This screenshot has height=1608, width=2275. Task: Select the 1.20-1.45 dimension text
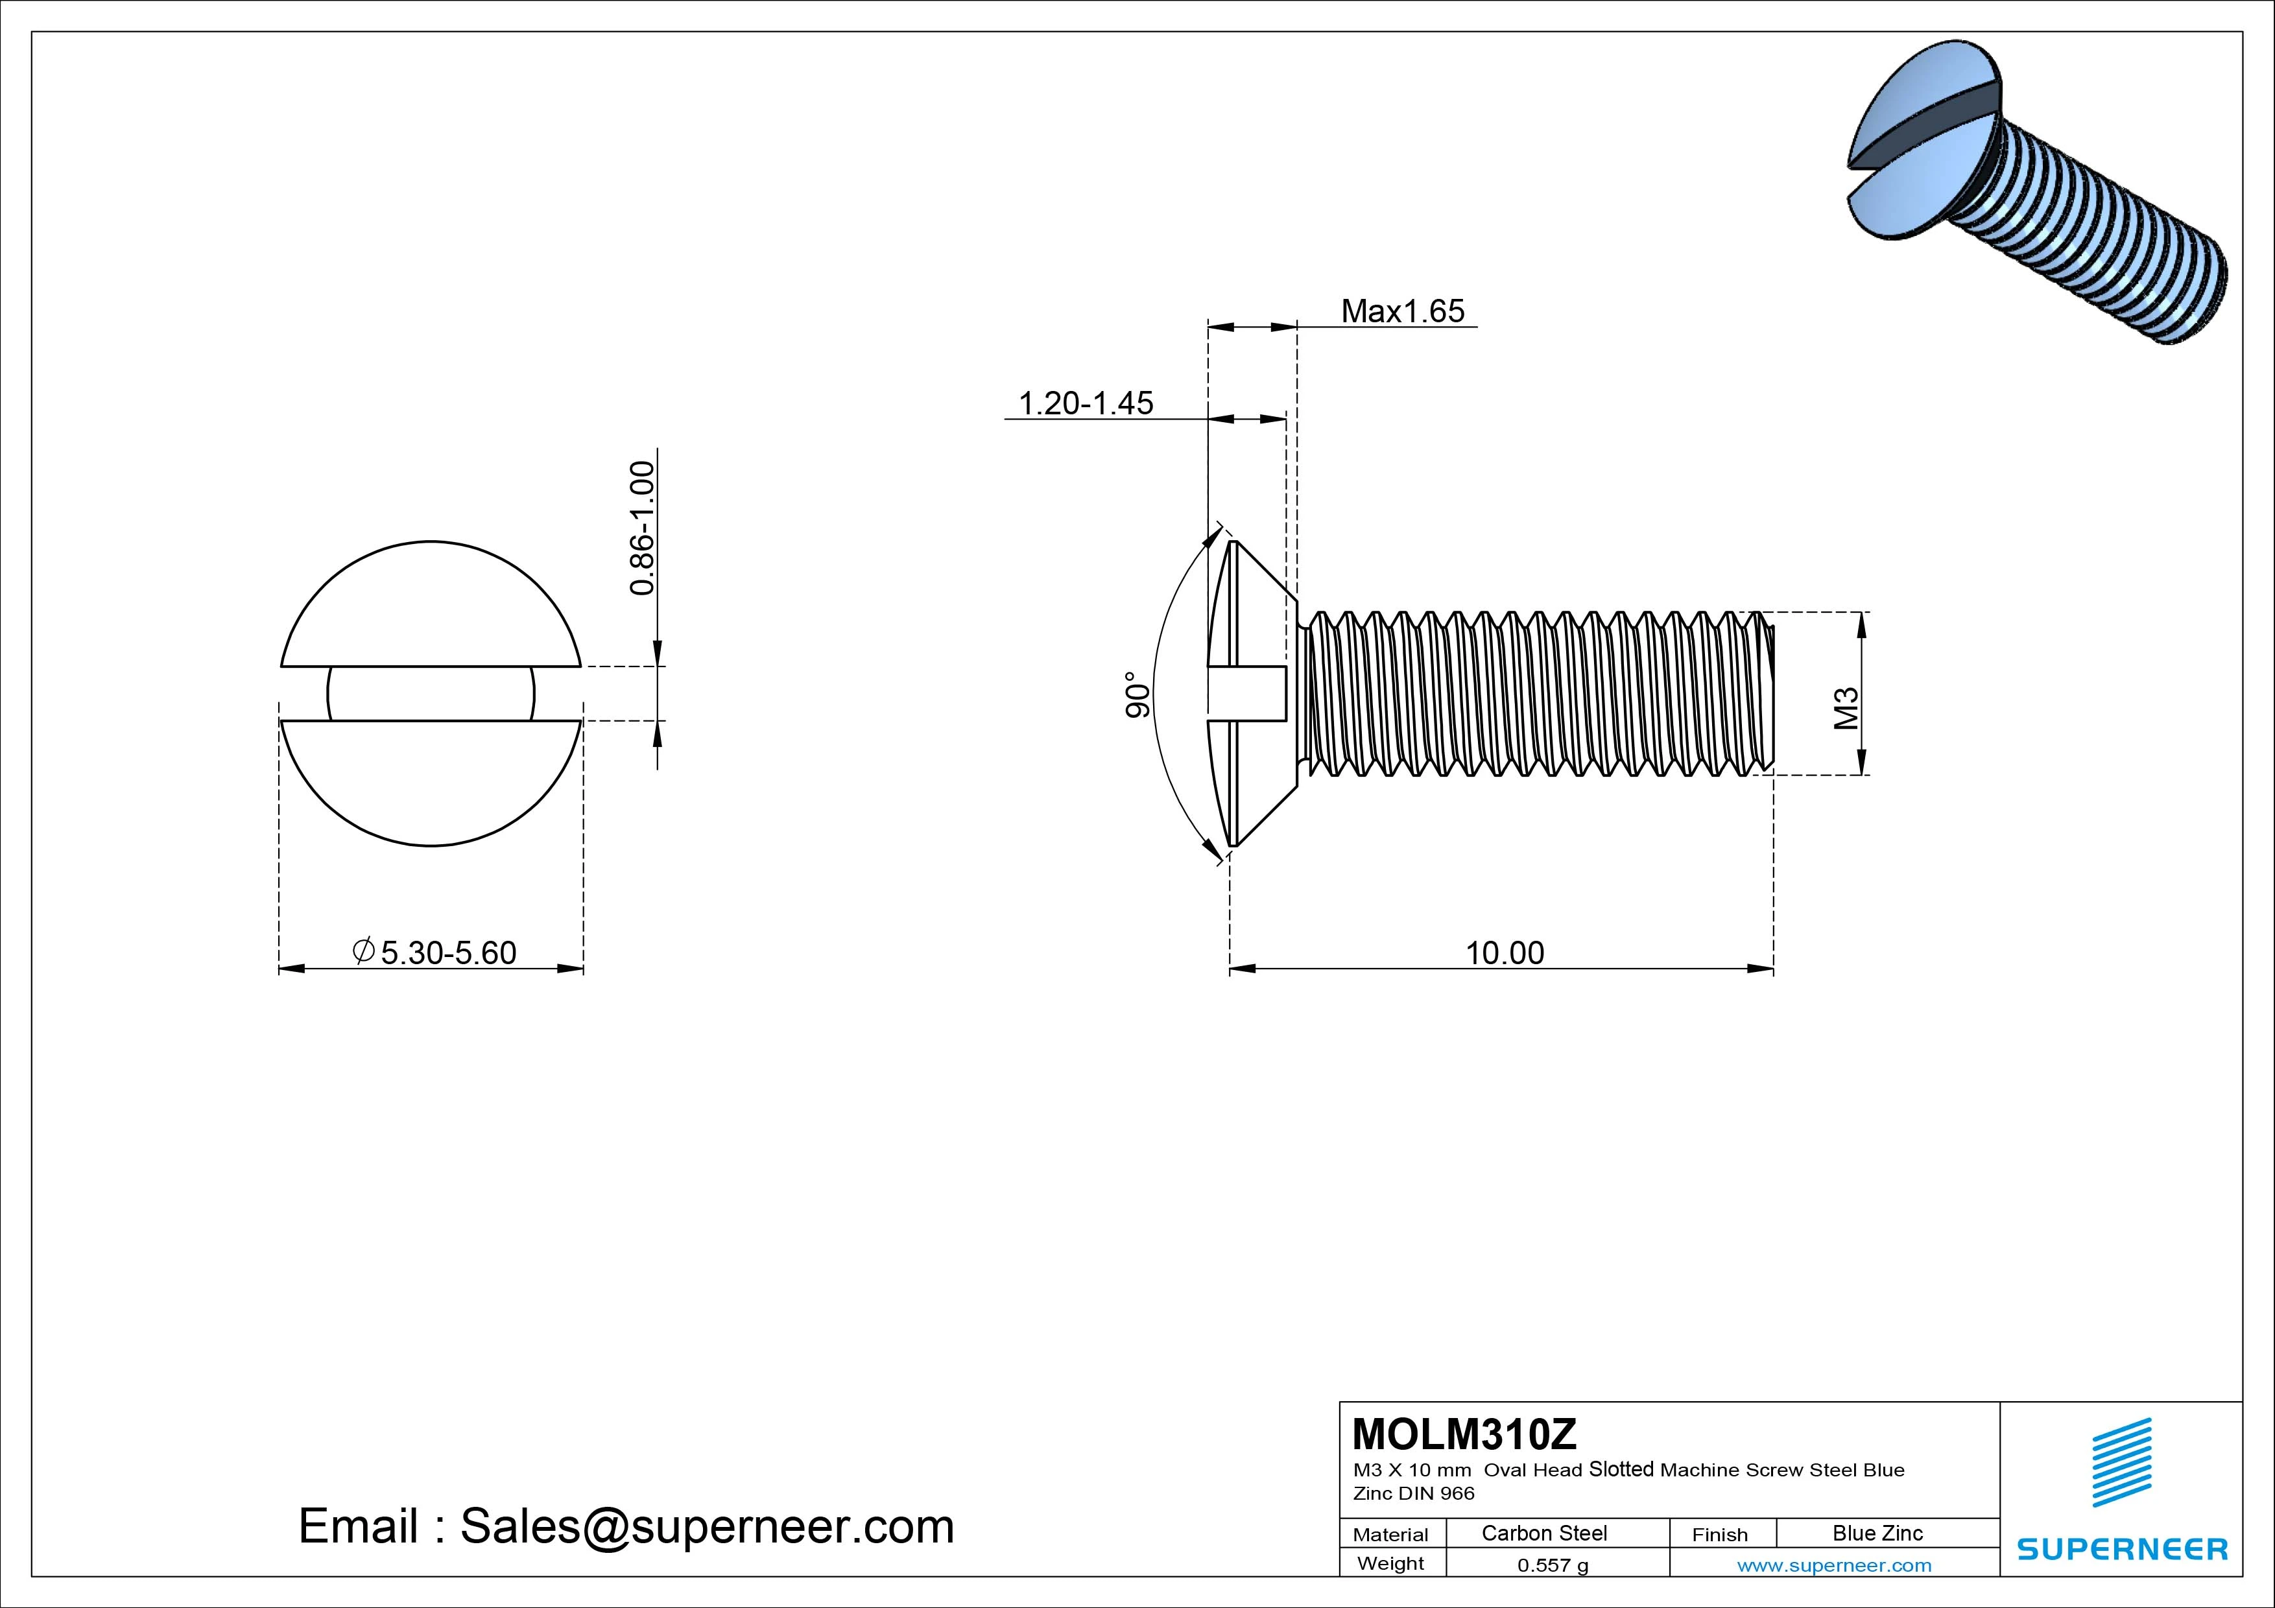pyautogui.click(x=1086, y=403)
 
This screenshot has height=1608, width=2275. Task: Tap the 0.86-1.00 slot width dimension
pyautogui.click(x=642, y=527)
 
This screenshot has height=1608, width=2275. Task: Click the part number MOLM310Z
pyautogui.click(x=1464, y=1434)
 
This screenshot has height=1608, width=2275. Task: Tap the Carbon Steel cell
pyautogui.click(x=1543, y=1533)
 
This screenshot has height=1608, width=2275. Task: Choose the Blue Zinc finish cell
pyautogui.click(x=1877, y=1533)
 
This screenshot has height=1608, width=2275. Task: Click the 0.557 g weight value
pyautogui.click(x=1552, y=1565)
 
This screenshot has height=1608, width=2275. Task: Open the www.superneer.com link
pyautogui.click(x=1833, y=1565)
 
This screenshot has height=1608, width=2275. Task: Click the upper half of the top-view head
pyautogui.click(x=431, y=604)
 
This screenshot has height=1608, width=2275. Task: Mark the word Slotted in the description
pyautogui.click(x=1621, y=1469)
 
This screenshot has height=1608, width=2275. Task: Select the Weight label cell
pyautogui.click(x=1390, y=1563)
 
